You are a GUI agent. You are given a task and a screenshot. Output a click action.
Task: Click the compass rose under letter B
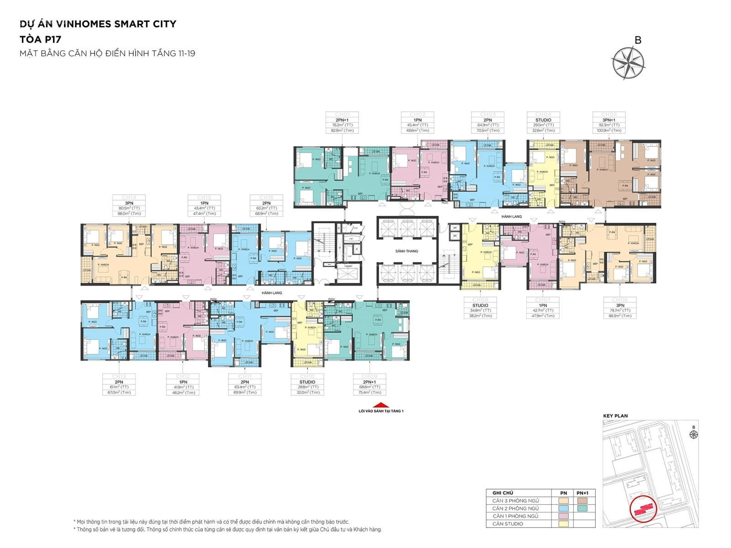[x=629, y=63]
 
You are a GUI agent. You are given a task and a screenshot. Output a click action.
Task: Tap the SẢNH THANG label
[x=407, y=251]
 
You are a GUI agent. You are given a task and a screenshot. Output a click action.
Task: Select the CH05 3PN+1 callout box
[x=609, y=122]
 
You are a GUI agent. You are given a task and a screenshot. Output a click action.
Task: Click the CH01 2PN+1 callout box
[x=342, y=122]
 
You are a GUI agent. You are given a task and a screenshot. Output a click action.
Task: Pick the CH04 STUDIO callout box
[x=543, y=122]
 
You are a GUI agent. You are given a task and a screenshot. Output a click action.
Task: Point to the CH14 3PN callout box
[x=129, y=205]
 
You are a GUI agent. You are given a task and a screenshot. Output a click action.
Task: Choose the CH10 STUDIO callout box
[x=307, y=385]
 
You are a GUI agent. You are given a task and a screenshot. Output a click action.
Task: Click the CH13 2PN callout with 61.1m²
[x=119, y=385]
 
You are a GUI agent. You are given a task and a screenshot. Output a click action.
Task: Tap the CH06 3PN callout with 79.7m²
[x=620, y=308]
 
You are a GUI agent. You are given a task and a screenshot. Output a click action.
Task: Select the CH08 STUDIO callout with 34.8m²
[x=480, y=308]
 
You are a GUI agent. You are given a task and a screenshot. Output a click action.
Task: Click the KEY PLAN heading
[x=615, y=416]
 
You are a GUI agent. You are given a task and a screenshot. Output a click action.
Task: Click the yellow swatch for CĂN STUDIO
[x=563, y=524]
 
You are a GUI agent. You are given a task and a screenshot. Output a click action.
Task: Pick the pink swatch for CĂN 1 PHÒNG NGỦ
[x=563, y=516]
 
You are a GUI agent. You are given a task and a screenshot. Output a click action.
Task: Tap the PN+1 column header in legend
[x=583, y=493]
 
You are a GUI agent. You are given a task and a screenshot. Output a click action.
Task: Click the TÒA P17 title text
[x=40, y=39]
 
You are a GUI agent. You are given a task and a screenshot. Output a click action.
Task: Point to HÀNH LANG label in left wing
[x=272, y=293]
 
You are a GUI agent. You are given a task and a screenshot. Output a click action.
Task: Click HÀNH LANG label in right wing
[x=511, y=216]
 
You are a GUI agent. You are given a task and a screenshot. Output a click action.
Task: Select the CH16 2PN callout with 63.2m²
[x=266, y=205]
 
